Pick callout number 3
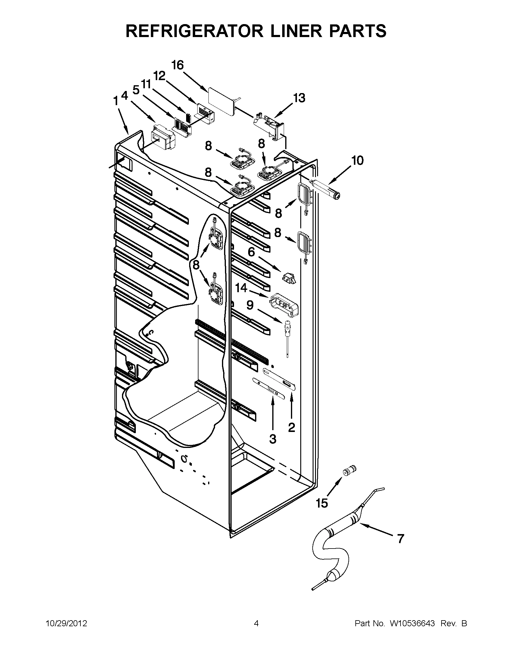point(273,438)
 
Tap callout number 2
point(291,427)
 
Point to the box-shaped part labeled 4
point(163,137)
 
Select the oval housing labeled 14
point(284,304)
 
